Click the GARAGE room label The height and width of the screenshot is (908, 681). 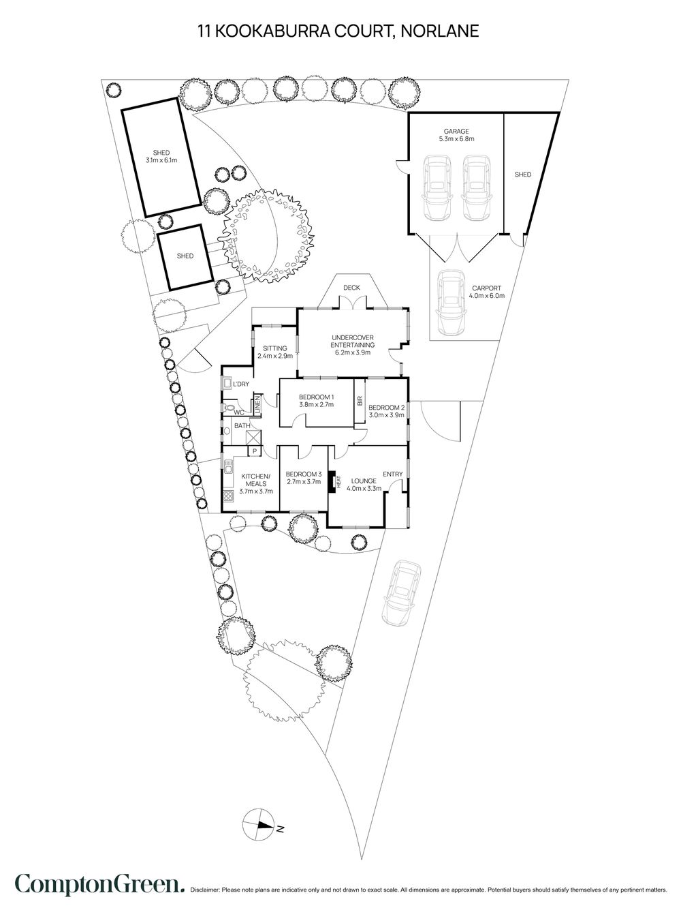click(x=456, y=132)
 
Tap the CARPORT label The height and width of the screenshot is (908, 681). click(x=488, y=288)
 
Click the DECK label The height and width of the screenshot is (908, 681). click(x=351, y=288)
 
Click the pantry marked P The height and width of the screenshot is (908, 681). click(x=255, y=451)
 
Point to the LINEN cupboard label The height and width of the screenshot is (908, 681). click(x=258, y=405)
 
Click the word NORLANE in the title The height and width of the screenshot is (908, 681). click(x=442, y=31)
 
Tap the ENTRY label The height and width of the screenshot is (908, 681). click(x=392, y=474)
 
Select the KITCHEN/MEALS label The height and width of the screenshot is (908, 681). click(x=255, y=479)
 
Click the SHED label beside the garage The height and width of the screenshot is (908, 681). click(x=522, y=175)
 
